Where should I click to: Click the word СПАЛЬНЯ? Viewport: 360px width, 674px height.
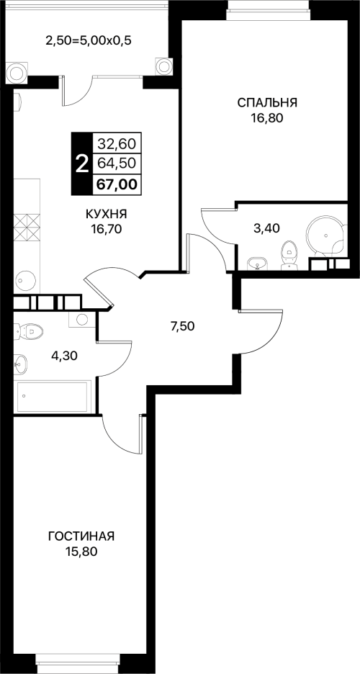pyautogui.click(x=267, y=103)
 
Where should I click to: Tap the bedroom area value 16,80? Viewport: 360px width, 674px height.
pyautogui.click(x=267, y=118)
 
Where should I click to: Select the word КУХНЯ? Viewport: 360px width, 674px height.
pyautogui.click(x=106, y=214)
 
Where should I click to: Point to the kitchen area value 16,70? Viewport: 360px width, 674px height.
pyautogui.click(x=106, y=229)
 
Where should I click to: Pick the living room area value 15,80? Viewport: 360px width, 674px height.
pyautogui.click(x=81, y=552)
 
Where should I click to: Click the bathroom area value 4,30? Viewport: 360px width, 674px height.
pyautogui.click(x=65, y=356)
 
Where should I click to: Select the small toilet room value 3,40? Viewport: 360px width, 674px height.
pyautogui.click(x=267, y=228)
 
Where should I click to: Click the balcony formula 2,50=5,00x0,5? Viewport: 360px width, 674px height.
pyautogui.click(x=88, y=41)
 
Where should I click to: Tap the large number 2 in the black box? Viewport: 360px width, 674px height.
pyautogui.click(x=81, y=163)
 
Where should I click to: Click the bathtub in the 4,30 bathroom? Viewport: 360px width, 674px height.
pyautogui.click(x=53, y=397)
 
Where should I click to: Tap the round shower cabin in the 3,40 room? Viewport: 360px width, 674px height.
pyautogui.click(x=325, y=235)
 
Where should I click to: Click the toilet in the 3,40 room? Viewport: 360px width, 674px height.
pyautogui.click(x=289, y=256)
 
